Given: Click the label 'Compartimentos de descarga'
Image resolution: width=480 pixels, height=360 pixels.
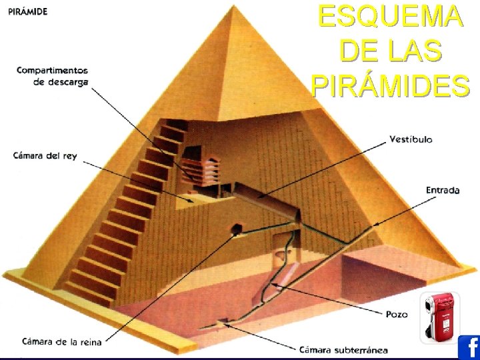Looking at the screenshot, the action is (x=52, y=76).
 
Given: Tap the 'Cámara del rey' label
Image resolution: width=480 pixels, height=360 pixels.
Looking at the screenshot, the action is (x=45, y=156).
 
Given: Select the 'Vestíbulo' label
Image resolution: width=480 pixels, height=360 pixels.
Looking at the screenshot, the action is (x=411, y=140).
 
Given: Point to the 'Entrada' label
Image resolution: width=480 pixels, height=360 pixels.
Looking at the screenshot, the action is (x=443, y=190).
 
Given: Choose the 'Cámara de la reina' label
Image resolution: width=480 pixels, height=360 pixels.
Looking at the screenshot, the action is (x=61, y=342).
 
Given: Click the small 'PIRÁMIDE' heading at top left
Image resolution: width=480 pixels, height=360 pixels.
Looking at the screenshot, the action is (x=29, y=13).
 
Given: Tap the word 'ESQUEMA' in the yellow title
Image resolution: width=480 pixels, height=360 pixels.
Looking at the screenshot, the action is (x=391, y=17).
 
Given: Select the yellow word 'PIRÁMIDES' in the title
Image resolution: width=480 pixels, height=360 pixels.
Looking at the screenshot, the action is (x=391, y=85).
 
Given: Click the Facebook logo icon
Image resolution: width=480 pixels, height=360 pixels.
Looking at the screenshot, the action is (x=469, y=348).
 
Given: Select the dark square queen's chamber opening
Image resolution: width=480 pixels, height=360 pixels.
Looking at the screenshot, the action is (x=235, y=231).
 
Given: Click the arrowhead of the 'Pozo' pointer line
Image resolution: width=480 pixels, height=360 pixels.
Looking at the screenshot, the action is (x=273, y=285).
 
